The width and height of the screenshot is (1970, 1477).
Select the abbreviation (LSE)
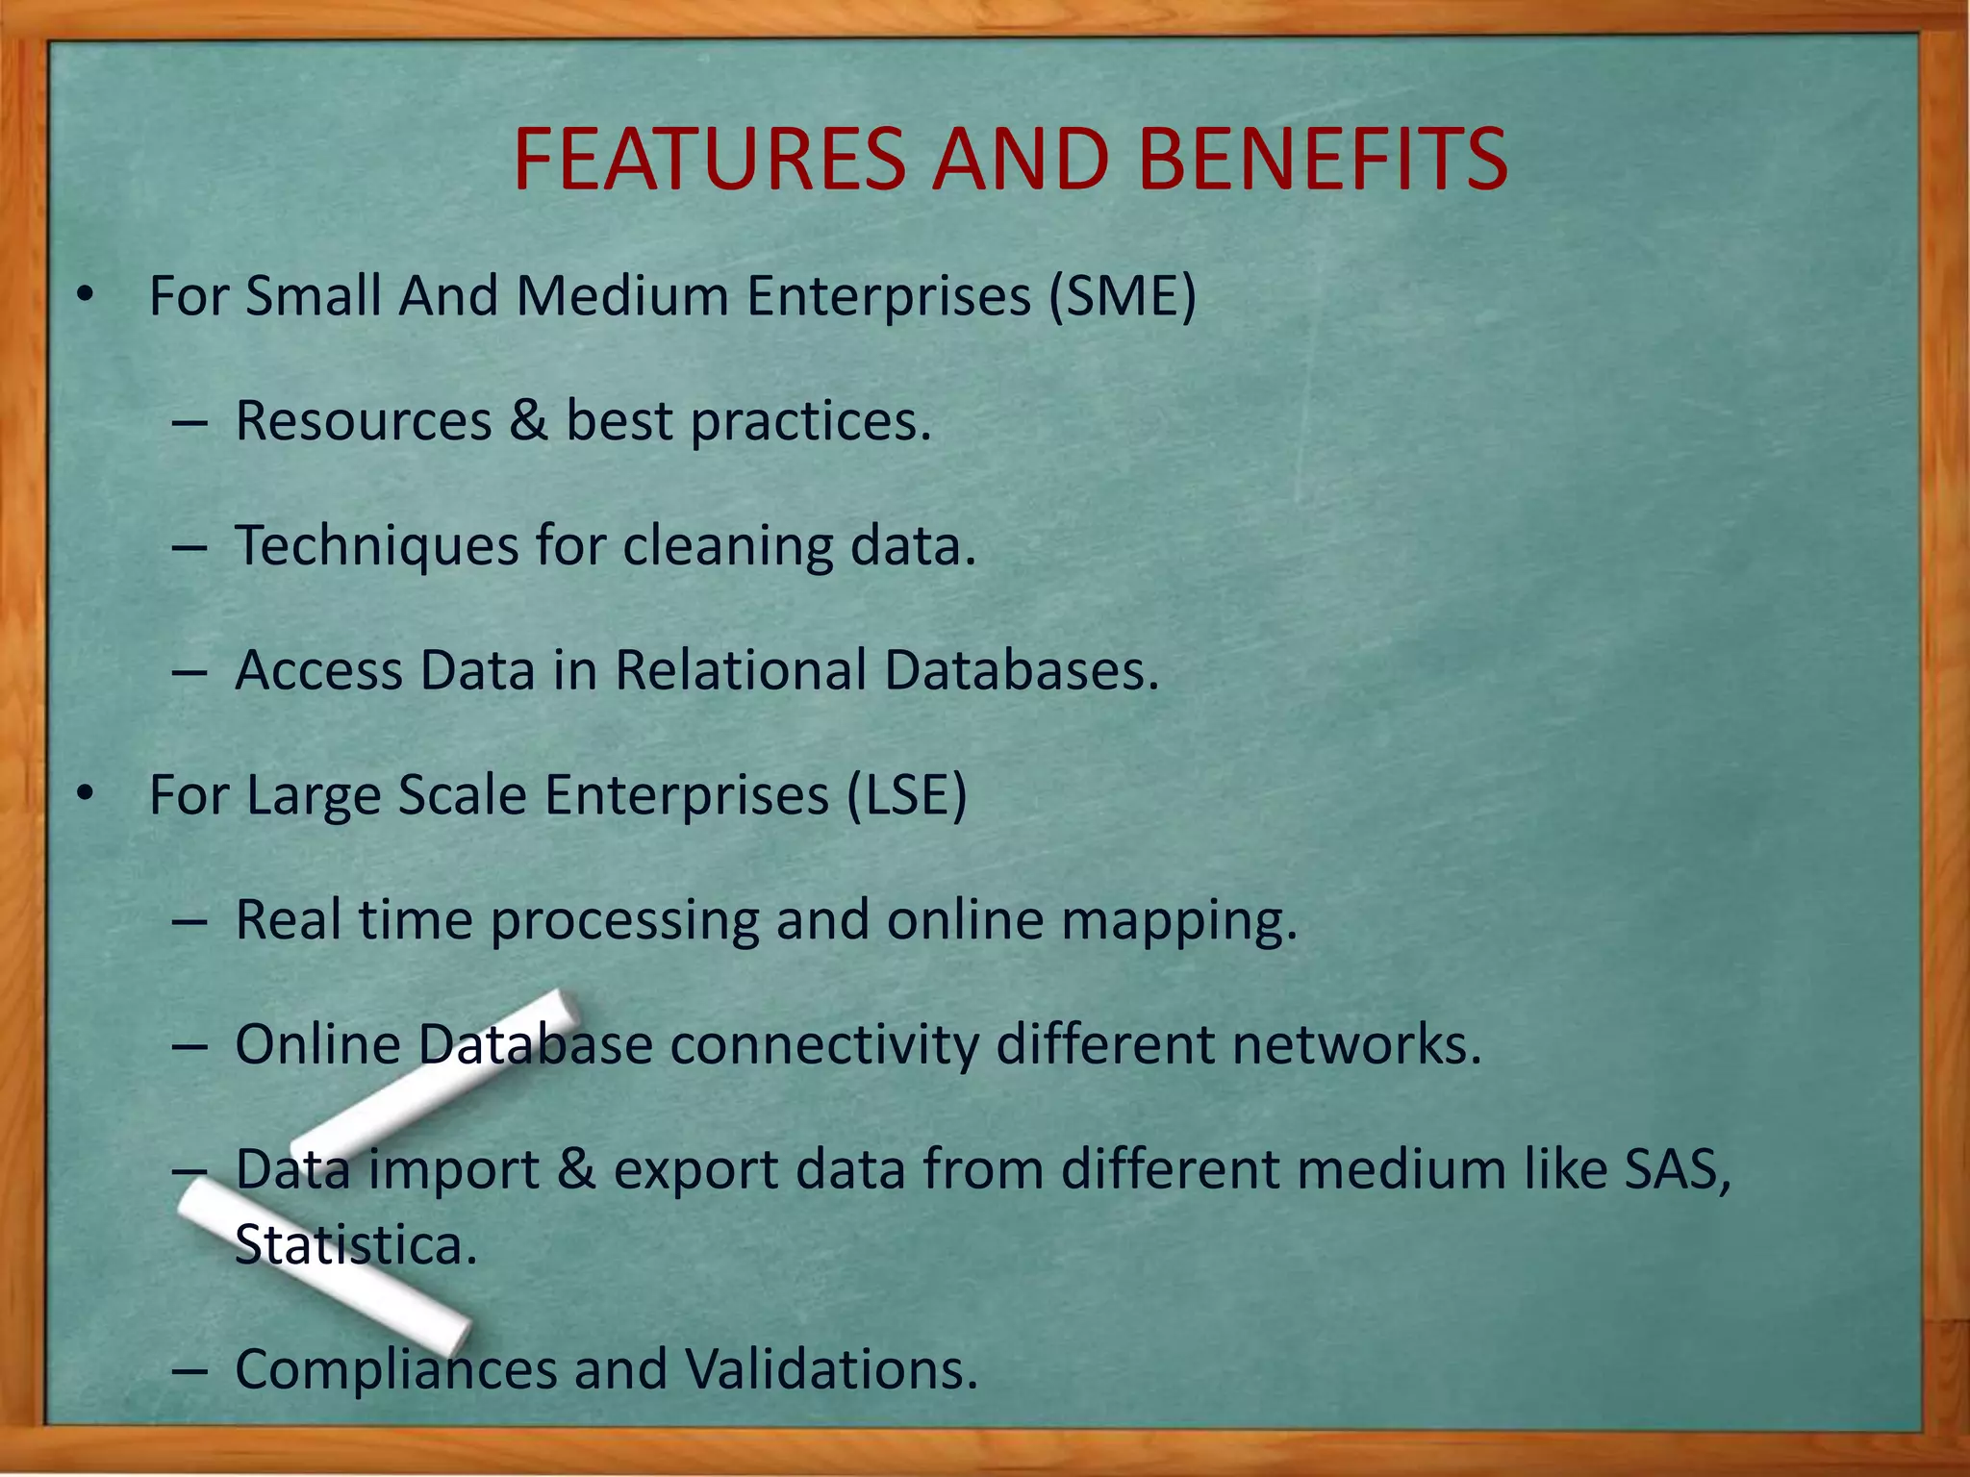pyautogui.click(x=906, y=795)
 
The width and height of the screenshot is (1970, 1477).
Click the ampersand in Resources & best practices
pyautogui.click(x=528, y=420)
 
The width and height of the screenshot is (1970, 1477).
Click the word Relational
pyautogui.click(x=741, y=670)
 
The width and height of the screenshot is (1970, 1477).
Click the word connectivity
pyautogui.click(x=823, y=1044)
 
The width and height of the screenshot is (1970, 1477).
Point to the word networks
pyautogui.click(x=1357, y=1044)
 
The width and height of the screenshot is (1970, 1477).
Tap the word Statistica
pyautogui.click(x=356, y=1245)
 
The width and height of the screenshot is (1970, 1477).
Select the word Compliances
pyautogui.click(x=395, y=1370)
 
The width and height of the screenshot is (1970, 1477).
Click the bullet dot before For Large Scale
pyautogui.click(x=86, y=795)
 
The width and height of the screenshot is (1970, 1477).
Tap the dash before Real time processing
pyautogui.click(x=190, y=921)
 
